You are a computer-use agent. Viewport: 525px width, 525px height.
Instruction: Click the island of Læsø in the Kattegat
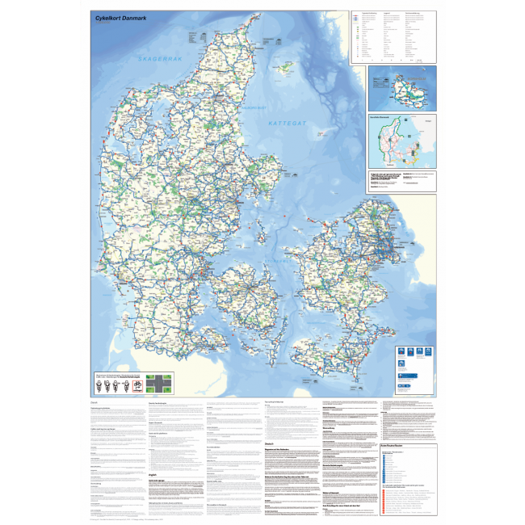point(285,69)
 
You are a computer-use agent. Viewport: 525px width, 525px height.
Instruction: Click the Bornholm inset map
point(402,87)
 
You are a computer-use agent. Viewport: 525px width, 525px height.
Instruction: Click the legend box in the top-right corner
point(393,36)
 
